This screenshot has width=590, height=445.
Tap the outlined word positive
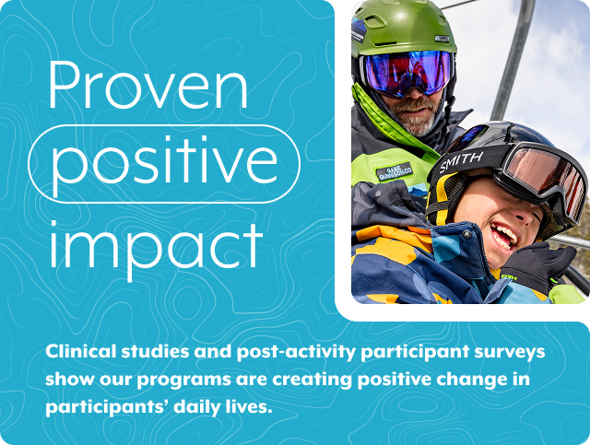pos(164,163)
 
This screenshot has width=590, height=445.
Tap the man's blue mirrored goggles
pos(406,72)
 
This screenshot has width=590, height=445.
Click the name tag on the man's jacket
pos(394,172)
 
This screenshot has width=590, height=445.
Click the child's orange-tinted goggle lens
pos(544,175)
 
